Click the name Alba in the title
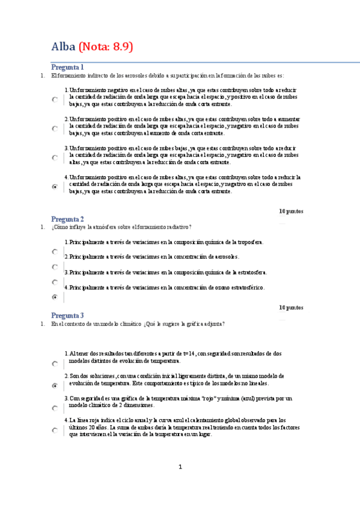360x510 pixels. pos(63,47)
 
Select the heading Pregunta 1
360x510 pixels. pos(67,67)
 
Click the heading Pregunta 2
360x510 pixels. pos(67,219)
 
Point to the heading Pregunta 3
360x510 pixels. pos(67,315)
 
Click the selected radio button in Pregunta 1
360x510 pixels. pos(55,187)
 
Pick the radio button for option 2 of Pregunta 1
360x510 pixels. pos(55,129)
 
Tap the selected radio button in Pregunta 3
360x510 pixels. pos(55,386)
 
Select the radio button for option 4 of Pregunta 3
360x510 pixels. pos(55,431)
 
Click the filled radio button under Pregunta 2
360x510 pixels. pos(55,297)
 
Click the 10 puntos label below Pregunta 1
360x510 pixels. pos(291,211)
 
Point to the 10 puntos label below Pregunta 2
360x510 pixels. pos(291,307)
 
